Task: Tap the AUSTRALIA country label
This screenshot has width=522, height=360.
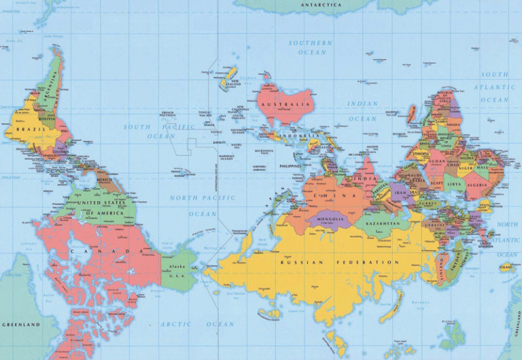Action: (x=286, y=105)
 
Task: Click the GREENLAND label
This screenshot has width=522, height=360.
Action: (x=21, y=325)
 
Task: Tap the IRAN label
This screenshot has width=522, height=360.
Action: (x=400, y=192)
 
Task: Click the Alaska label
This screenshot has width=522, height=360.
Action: (x=177, y=267)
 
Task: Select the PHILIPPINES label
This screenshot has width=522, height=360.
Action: (x=290, y=166)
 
